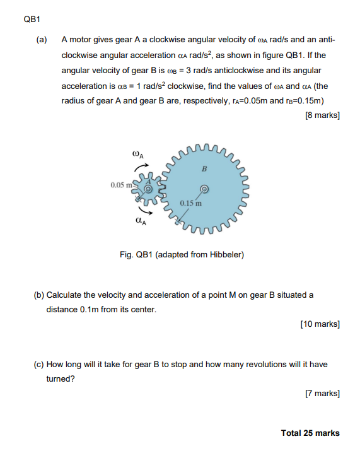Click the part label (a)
(42, 40)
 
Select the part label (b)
(40, 295)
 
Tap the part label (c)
(40, 365)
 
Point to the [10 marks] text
(320, 324)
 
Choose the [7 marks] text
(322, 394)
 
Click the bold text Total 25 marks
(310, 433)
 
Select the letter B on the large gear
(204, 168)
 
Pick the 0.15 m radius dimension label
(190, 203)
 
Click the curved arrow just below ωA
(139, 167)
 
